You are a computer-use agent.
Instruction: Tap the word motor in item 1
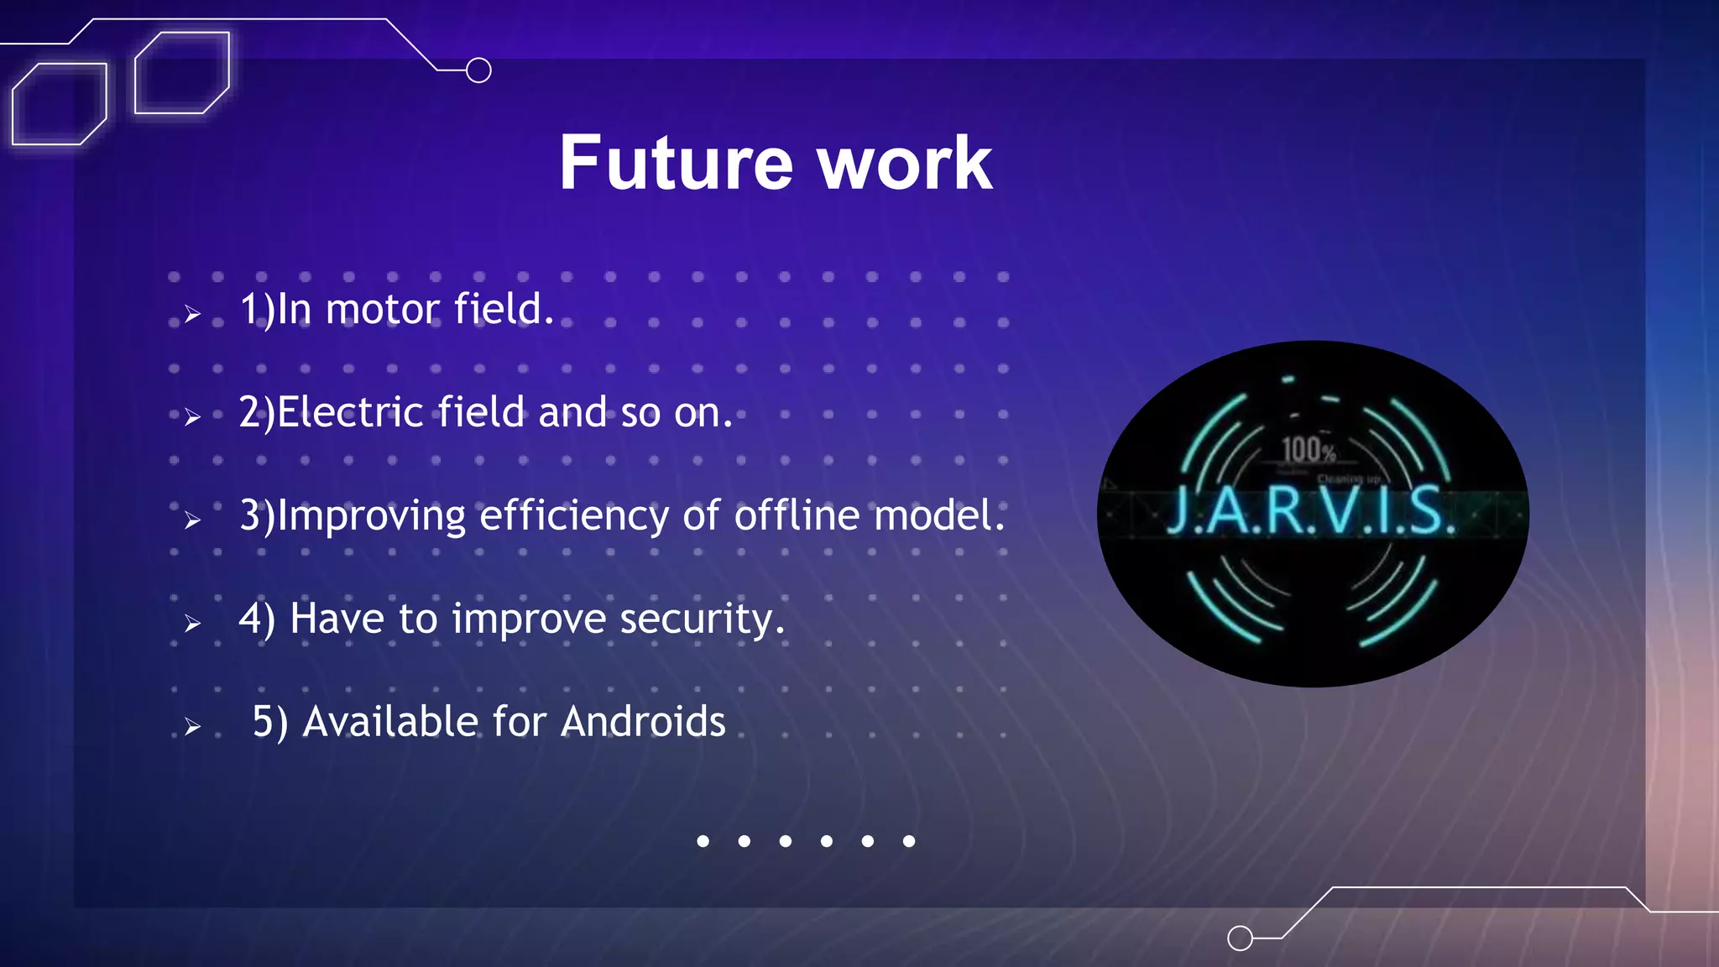383,309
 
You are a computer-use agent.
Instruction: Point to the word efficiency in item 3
574,515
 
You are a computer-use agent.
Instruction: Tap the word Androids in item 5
643,722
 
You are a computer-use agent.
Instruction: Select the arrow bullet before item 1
193,314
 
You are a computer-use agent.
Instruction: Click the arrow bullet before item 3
193,520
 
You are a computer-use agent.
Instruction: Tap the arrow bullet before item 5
193,726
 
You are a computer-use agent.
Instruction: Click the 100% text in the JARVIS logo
1309,451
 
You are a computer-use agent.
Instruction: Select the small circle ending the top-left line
478,71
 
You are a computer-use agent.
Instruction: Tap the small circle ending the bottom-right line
1240,938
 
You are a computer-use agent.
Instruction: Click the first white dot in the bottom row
703,841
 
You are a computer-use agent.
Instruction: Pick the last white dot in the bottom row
909,841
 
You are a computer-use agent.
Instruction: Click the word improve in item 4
529,619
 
